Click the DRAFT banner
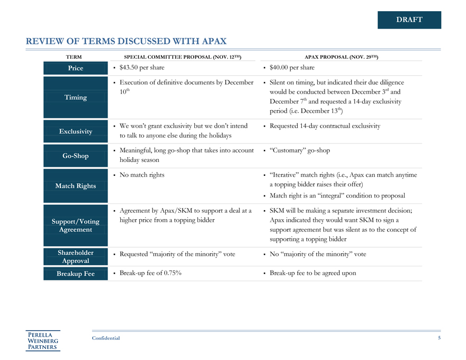point(409,20)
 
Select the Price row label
point(75,68)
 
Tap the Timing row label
point(75,97)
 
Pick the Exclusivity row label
point(75,131)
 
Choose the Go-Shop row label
point(75,156)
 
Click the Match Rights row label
point(75,186)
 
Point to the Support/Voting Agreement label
point(75,226)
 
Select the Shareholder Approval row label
point(75,257)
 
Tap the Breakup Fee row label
point(75,274)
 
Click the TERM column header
point(74,56)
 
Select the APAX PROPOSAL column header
point(341,56)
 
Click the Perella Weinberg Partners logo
point(43,340)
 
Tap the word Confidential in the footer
point(106,338)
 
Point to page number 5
point(439,338)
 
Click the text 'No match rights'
point(141,175)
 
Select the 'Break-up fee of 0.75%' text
point(150,273)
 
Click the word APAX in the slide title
point(213,41)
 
